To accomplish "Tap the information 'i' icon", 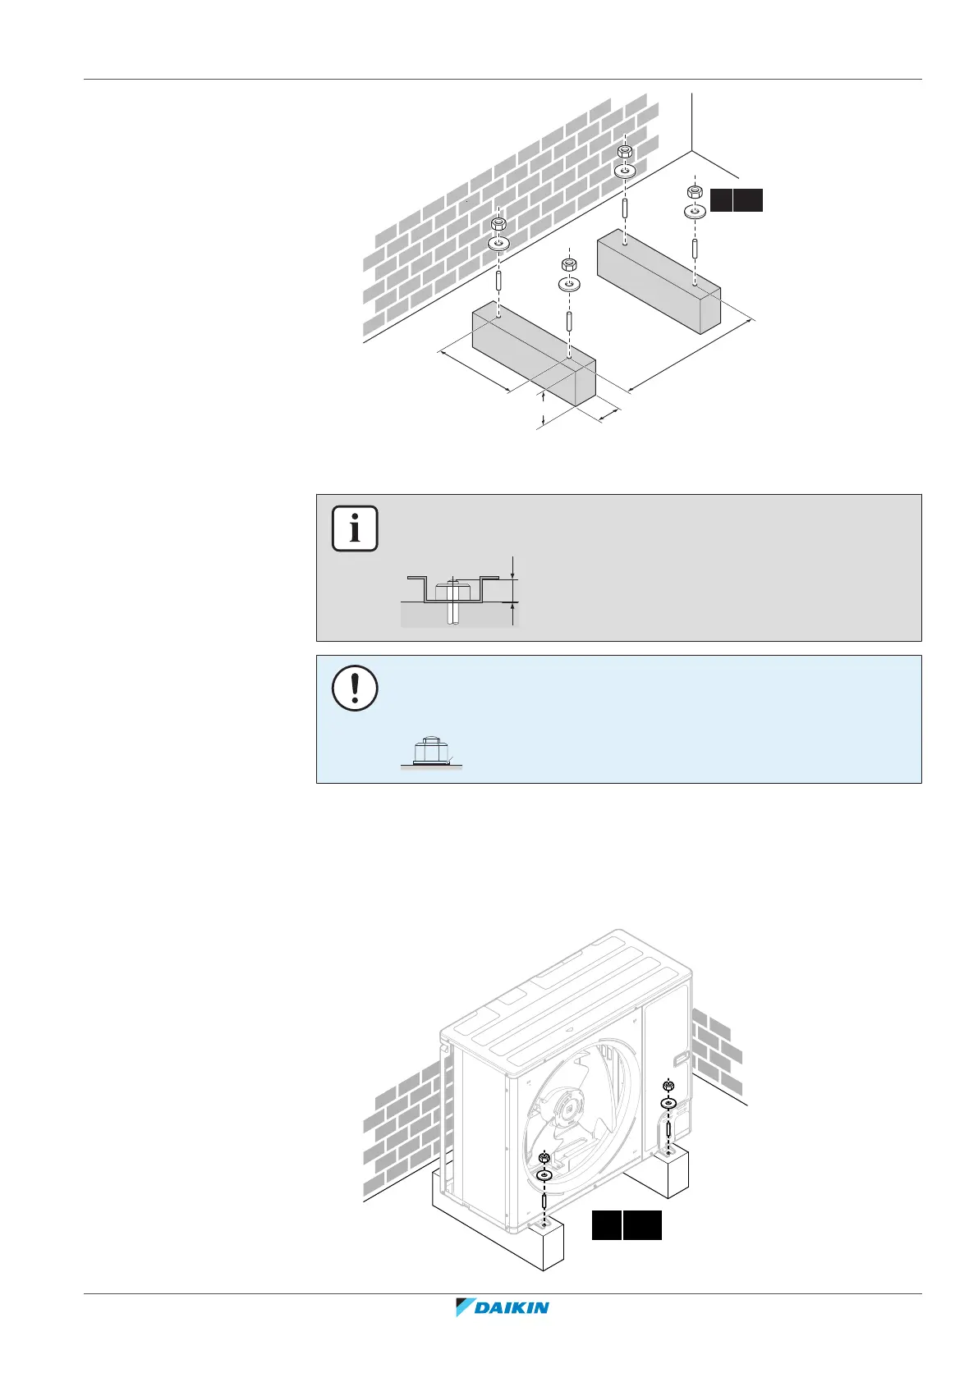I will [355, 529].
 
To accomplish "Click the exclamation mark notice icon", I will [355, 688].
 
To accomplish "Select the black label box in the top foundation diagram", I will [736, 200].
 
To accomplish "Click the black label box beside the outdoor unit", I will [627, 1224].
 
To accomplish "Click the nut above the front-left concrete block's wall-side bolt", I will [498, 224].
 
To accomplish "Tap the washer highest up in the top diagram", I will [624, 172].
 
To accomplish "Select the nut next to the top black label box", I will [694, 192].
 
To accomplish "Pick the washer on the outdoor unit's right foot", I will [668, 1104].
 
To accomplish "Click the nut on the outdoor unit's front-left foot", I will [544, 1158].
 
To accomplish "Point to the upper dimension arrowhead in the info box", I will [512, 575].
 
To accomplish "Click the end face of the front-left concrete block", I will [585, 385].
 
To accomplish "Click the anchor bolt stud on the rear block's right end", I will [695, 249].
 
